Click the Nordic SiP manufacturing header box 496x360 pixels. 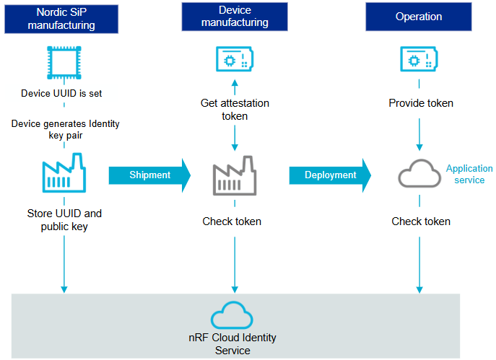click(x=61, y=17)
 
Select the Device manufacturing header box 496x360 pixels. click(x=234, y=17)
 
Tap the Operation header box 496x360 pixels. click(x=419, y=17)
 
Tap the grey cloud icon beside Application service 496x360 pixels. click(x=419, y=175)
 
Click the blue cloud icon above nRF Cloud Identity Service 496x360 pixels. click(x=232, y=316)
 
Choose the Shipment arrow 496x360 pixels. click(x=150, y=175)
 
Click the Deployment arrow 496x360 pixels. click(x=331, y=175)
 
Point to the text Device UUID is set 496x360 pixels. click(x=64, y=93)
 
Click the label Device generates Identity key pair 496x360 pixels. click(x=65, y=130)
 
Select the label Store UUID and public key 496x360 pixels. click(x=64, y=220)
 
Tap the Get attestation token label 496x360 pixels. click(x=233, y=110)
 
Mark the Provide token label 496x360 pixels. click(x=421, y=103)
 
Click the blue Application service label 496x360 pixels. click(x=469, y=174)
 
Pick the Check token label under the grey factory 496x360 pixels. click(x=232, y=221)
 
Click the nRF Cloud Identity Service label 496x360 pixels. click(x=232, y=344)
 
